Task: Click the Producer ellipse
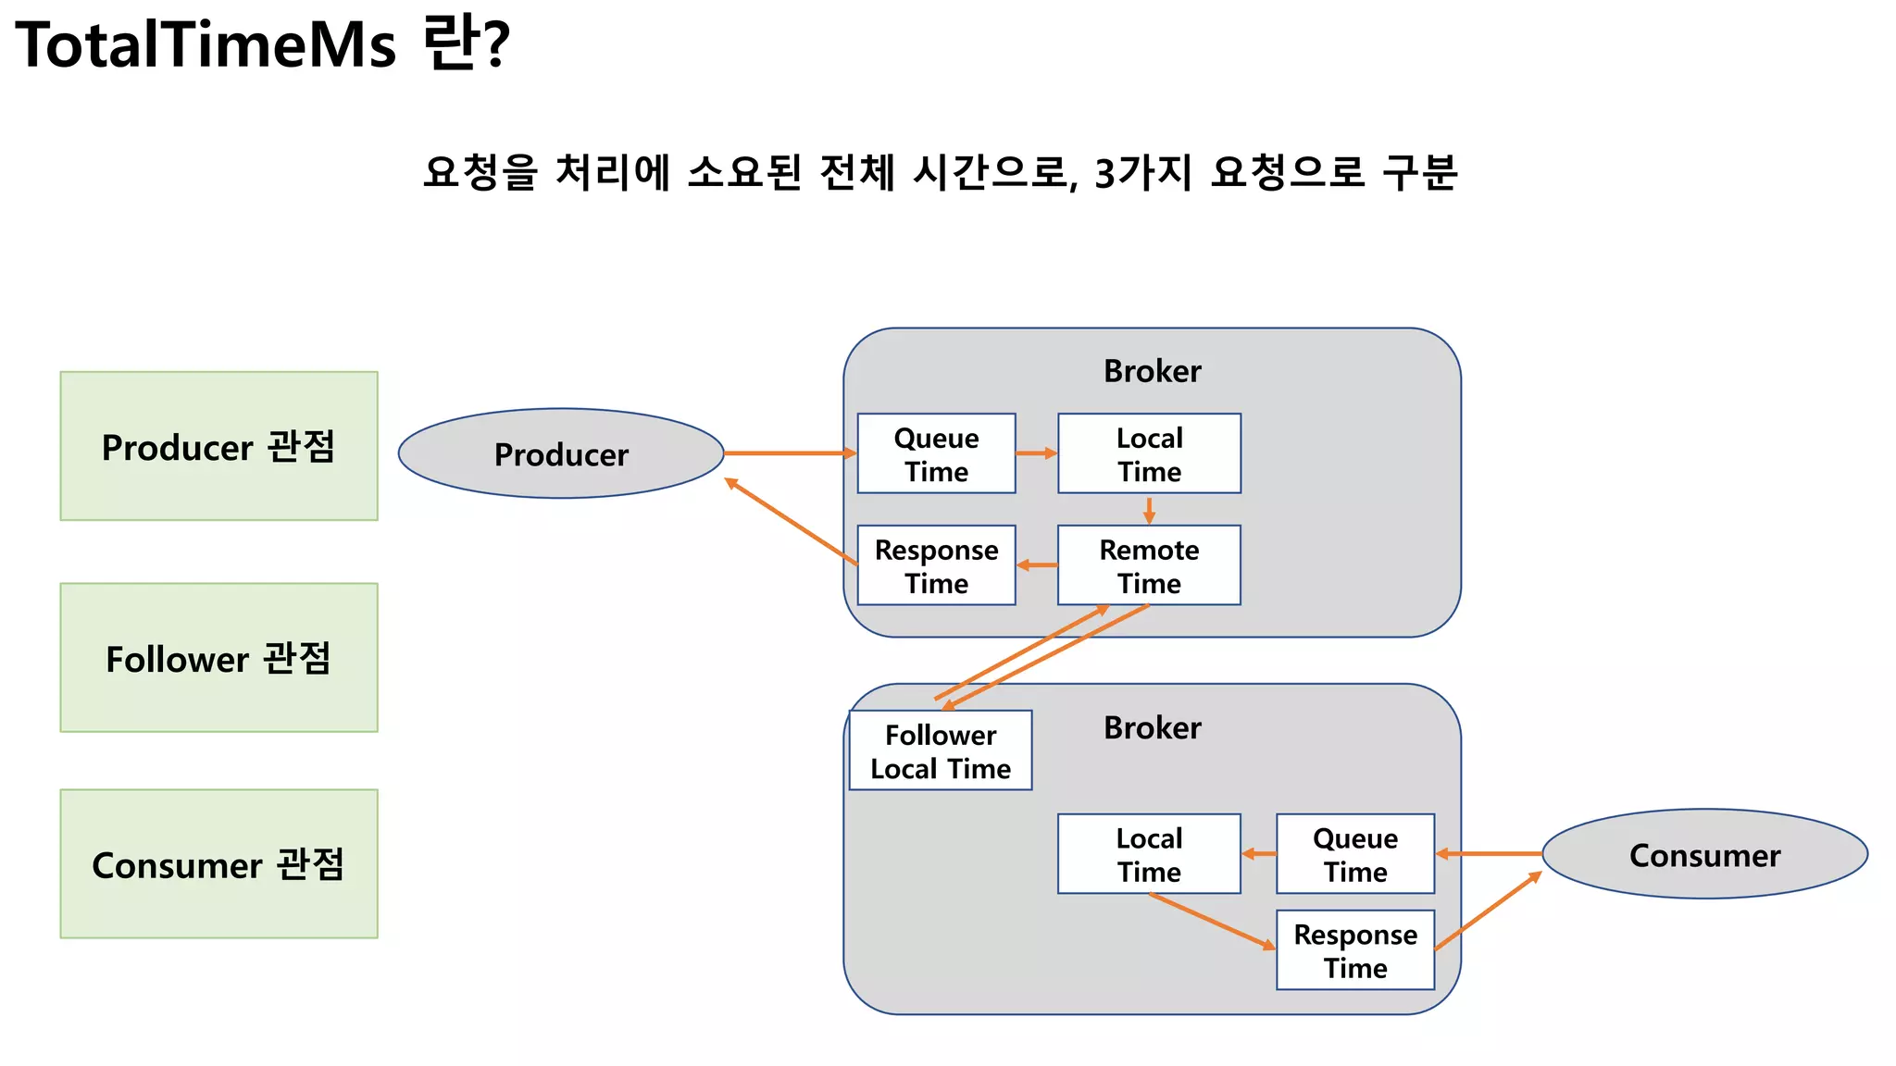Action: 561,453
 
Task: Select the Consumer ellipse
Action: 1704,854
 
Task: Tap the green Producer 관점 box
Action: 218,446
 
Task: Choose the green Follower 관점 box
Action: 218,658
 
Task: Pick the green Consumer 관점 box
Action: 218,864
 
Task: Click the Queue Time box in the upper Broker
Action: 936,453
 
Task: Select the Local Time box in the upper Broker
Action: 1149,453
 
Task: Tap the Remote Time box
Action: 1149,565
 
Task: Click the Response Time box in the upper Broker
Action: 936,565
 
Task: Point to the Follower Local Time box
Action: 940,750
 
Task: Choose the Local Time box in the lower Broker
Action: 1149,854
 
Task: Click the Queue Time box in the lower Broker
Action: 1355,854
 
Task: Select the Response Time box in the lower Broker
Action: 1355,950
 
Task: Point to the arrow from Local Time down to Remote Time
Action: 1149,510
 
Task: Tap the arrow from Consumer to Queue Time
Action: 1489,854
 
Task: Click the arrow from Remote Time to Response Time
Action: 1037,565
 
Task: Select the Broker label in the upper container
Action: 1152,371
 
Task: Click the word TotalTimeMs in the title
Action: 206,44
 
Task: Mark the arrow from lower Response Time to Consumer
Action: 1489,911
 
